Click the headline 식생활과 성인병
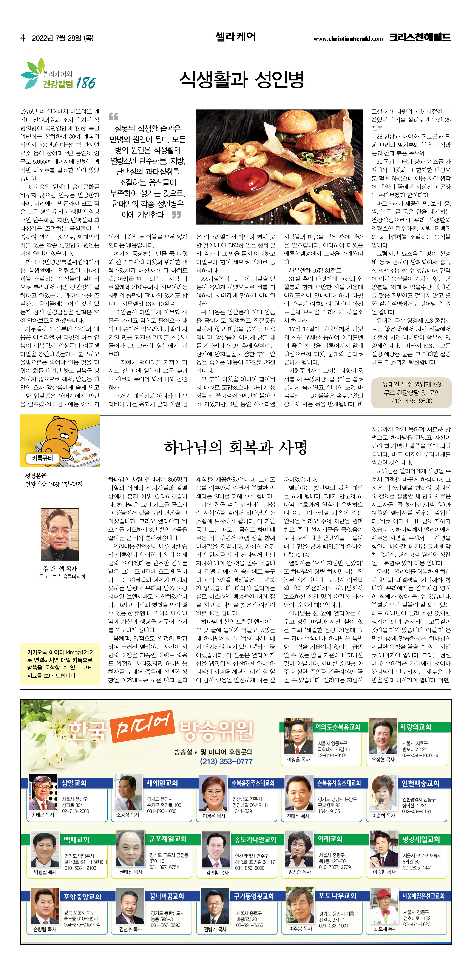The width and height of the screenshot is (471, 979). [242, 79]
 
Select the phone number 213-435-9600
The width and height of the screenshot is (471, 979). [411, 401]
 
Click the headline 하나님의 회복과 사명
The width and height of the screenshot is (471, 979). [235, 447]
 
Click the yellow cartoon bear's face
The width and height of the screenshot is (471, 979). [62, 433]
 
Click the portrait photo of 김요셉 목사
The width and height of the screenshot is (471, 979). [60, 535]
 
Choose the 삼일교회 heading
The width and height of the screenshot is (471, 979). [74, 783]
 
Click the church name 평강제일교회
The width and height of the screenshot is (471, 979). [421, 839]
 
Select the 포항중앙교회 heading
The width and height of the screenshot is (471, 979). [82, 897]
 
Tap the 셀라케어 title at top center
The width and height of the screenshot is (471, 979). [236, 37]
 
